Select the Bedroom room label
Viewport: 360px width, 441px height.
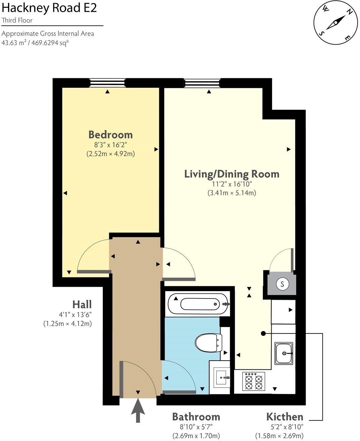coord(110,135)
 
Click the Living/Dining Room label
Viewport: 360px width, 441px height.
coord(232,174)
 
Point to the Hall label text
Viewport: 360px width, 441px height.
coord(82,305)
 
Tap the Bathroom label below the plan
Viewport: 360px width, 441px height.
coord(196,417)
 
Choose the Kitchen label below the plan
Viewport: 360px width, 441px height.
coord(284,417)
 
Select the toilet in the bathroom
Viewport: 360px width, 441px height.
coord(208,342)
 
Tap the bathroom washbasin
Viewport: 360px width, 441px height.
coord(222,377)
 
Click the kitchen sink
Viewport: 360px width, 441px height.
coord(284,353)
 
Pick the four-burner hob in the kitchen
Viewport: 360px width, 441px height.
coord(254,382)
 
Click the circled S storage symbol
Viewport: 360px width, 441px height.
coord(282,284)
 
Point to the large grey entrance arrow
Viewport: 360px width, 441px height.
coord(138,410)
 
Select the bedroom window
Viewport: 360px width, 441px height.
coord(107,83)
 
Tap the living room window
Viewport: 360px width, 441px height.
coord(202,83)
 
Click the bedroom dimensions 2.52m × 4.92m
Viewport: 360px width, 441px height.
coord(110,154)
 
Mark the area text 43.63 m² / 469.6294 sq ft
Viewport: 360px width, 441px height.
coord(36,43)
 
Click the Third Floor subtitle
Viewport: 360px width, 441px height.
coord(17,20)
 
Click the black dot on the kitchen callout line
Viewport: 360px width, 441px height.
coord(263,333)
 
